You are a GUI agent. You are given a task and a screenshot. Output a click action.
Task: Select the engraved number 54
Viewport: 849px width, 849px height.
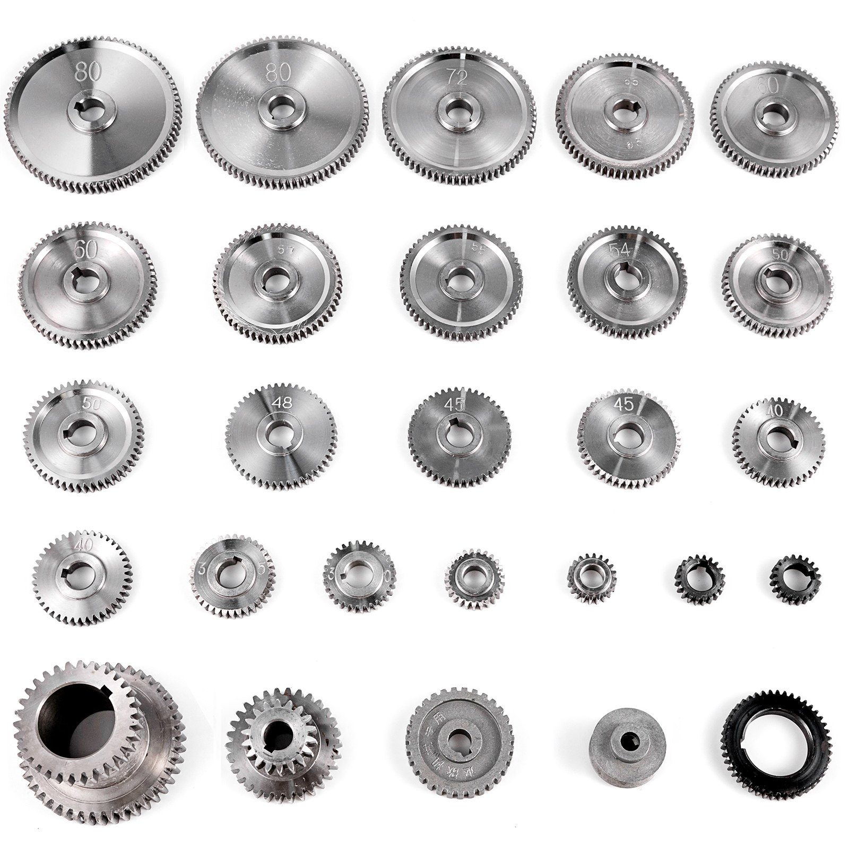tap(619, 250)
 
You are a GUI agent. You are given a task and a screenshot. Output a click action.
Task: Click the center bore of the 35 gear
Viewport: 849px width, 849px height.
tap(231, 575)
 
